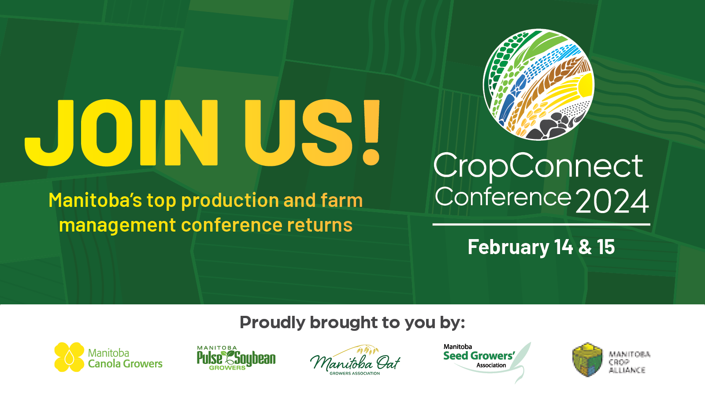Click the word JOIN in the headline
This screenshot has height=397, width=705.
pos(121,133)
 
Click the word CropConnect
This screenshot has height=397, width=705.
pos(538,167)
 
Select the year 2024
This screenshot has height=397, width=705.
pos(612,201)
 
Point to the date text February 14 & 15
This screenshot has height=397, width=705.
pos(541,247)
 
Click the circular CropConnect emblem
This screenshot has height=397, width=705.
pos(538,85)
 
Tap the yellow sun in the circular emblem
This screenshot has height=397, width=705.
pos(584,86)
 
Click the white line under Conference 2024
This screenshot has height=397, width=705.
pos(541,225)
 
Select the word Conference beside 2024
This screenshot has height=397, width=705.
pos(503,197)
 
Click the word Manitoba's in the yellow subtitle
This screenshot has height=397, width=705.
pos(95,200)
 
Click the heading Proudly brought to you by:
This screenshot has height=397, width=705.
pos(352,322)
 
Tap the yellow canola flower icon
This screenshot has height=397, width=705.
pos(69,357)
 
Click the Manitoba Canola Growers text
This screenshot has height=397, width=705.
pos(125,358)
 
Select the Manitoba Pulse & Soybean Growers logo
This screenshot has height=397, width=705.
pos(236,358)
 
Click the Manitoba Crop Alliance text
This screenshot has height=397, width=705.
pos(629,362)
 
